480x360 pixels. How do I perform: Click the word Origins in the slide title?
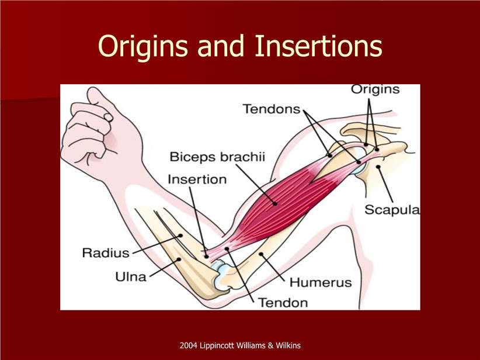[x=142, y=47]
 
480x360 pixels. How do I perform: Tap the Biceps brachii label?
[x=217, y=157]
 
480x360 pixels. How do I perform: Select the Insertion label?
[x=197, y=179]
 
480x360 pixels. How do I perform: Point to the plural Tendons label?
[x=272, y=109]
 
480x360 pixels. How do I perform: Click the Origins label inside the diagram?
[x=375, y=90]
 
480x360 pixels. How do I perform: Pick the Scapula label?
[x=392, y=210]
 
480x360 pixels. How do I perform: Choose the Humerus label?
[x=321, y=282]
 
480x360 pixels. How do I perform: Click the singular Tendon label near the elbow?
[x=283, y=303]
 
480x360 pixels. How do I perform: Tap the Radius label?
[x=106, y=253]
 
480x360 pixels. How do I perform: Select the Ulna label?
[x=131, y=277]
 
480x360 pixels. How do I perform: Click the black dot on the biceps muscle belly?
[x=275, y=204]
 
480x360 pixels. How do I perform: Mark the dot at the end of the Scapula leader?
[x=378, y=167]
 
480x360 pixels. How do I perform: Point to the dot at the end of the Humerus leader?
[x=261, y=254]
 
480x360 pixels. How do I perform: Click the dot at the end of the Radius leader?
[x=180, y=236]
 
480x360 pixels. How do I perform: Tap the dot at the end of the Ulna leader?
[x=179, y=259]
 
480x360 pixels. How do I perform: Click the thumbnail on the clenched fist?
[x=109, y=117]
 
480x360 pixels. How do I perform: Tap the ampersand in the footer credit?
[x=270, y=345]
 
